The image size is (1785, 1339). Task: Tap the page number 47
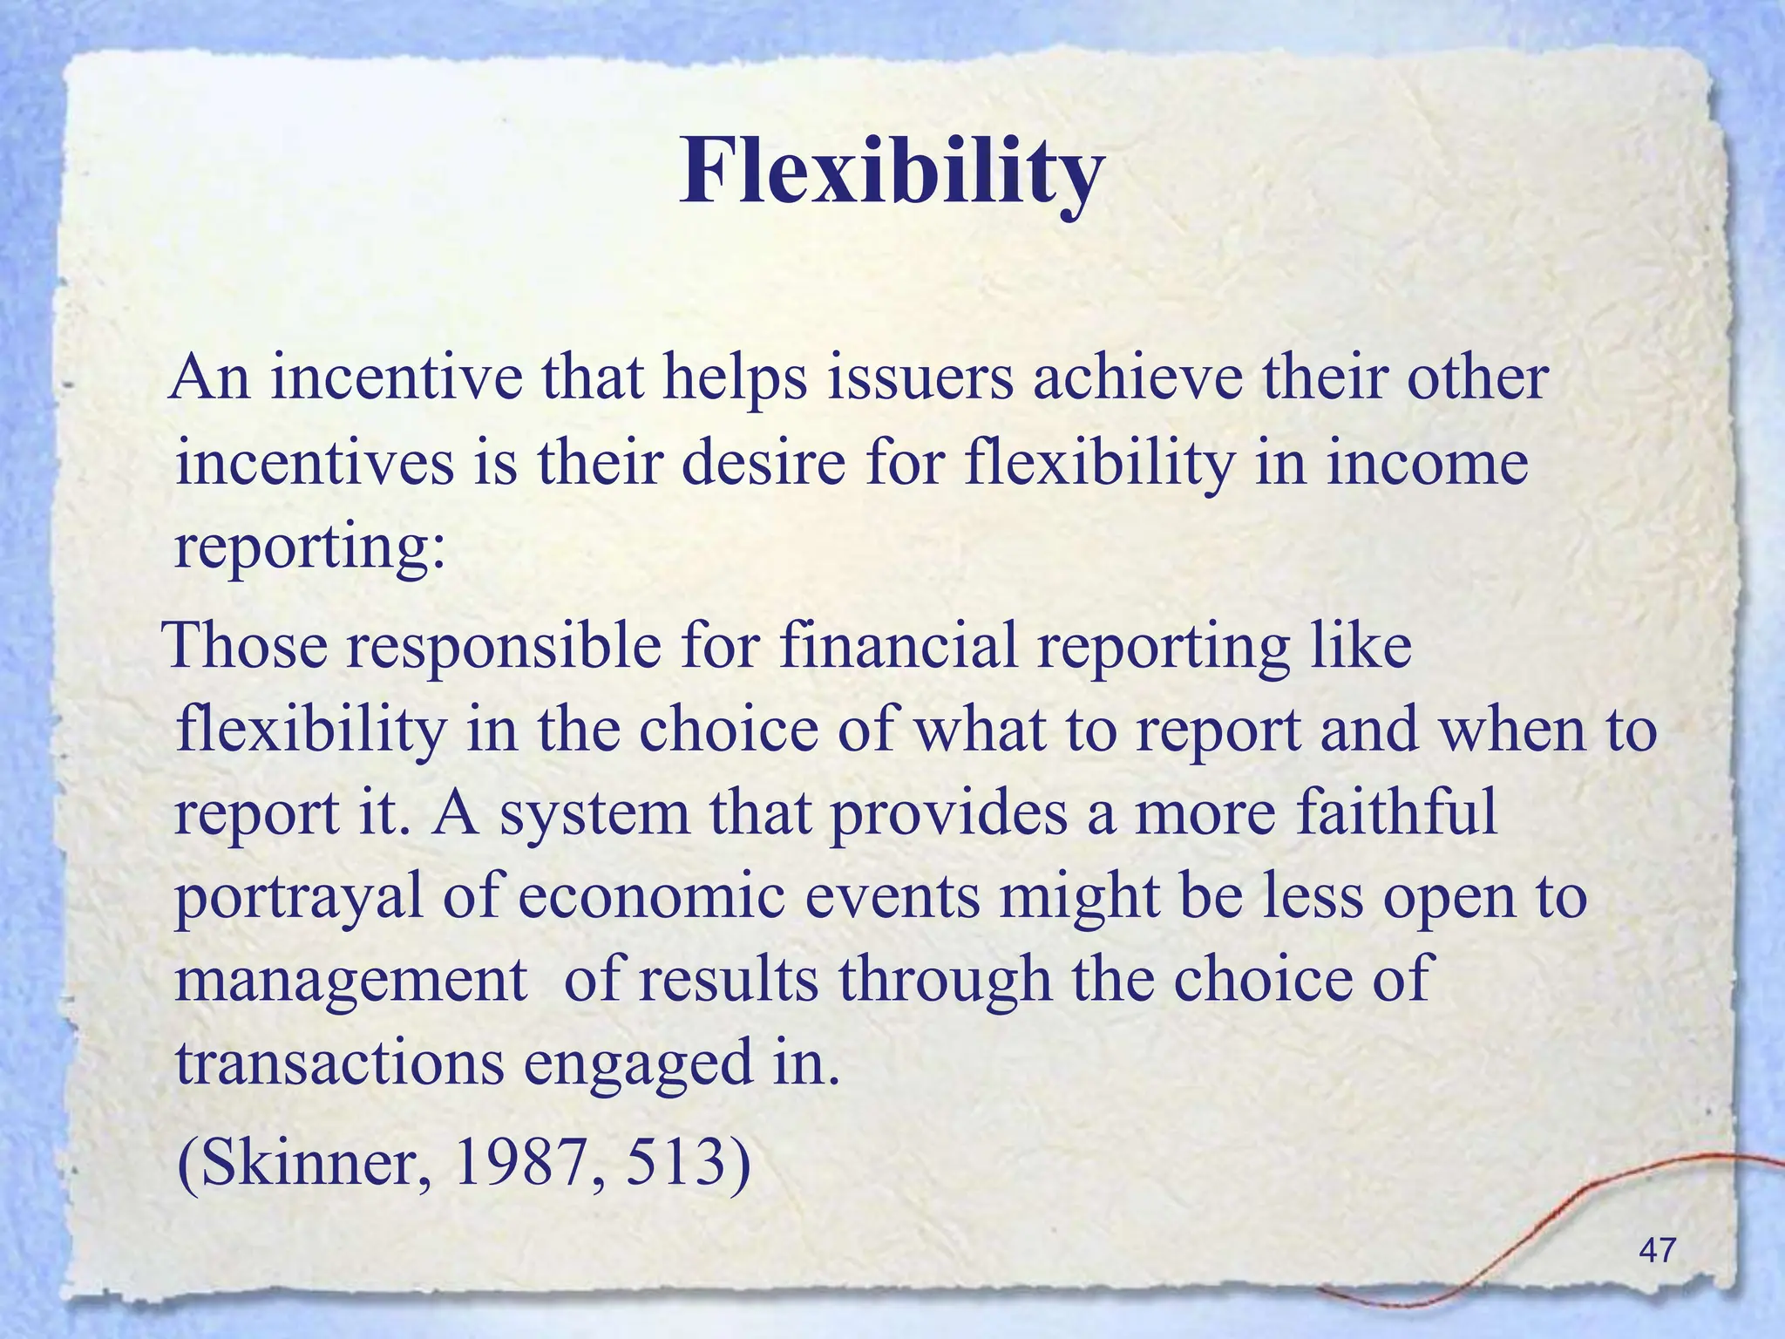coord(1657,1250)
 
